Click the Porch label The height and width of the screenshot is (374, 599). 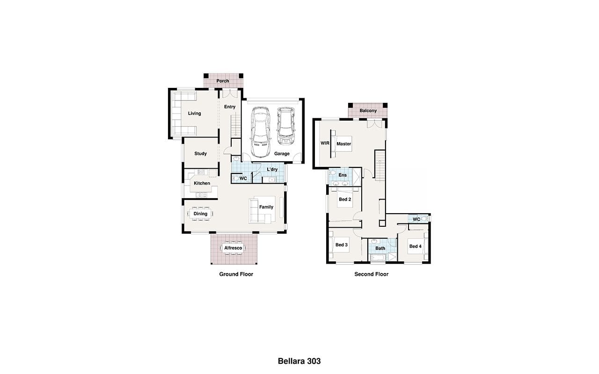tap(223, 81)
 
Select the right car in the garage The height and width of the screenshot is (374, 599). tap(285, 126)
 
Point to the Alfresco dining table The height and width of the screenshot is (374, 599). tap(233, 248)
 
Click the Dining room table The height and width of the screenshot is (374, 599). tap(200, 214)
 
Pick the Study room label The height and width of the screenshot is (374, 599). tap(201, 154)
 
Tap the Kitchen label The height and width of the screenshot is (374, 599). tap(202, 183)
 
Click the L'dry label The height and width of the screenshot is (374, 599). tap(272, 169)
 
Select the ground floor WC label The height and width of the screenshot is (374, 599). tap(243, 179)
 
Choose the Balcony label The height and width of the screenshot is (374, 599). tap(368, 111)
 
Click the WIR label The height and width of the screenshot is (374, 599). tap(325, 143)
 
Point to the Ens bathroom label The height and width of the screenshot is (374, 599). tap(343, 175)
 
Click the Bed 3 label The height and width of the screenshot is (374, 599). tap(342, 245)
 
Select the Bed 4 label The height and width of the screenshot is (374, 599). tap(415, 246)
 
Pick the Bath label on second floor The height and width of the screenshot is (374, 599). tap(380, 248)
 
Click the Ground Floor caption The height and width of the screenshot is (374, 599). tap(236, 274)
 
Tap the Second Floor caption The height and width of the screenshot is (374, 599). tap(372, 274)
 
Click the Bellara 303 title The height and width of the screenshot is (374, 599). tap(299, 361)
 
